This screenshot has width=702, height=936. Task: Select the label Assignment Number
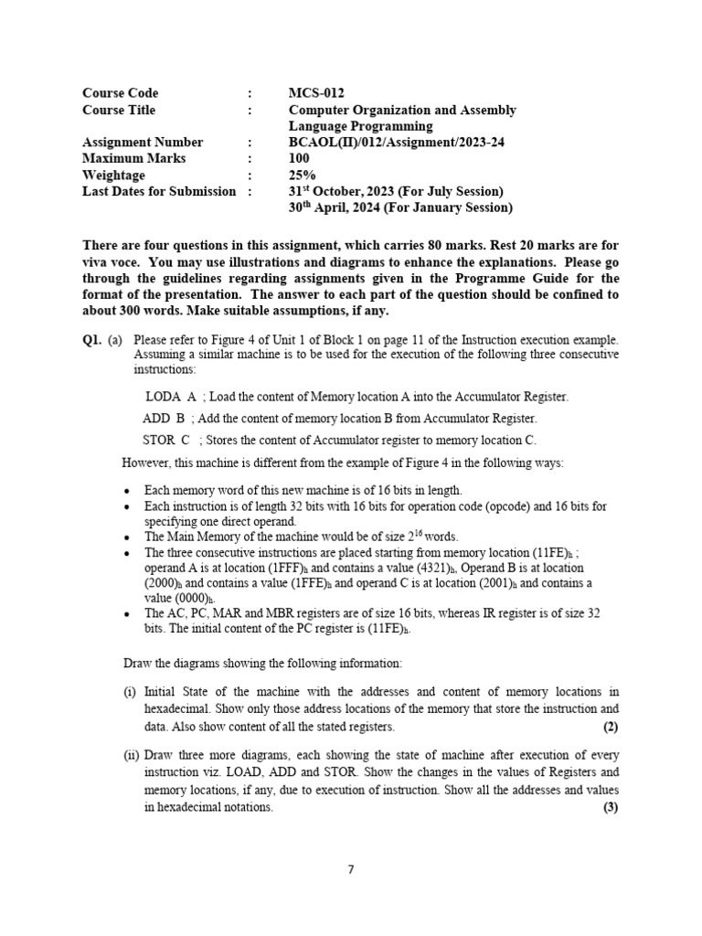(143, 143)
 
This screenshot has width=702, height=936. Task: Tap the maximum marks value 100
(299, 159)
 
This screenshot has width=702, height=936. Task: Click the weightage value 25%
(302, 175)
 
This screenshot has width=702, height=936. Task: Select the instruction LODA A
(171, 397)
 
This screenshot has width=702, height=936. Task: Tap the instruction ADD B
(164, 418)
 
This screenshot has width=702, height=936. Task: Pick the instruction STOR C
(165, 440)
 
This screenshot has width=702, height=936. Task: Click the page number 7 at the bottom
(351, 869)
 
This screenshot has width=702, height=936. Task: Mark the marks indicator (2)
(611, 727)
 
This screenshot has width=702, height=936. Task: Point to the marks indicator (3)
(611, 807)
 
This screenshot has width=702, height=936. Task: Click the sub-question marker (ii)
(132, 755)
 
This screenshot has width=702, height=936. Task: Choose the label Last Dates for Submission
(159, 191)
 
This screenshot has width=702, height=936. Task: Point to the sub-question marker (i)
(130, 692)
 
